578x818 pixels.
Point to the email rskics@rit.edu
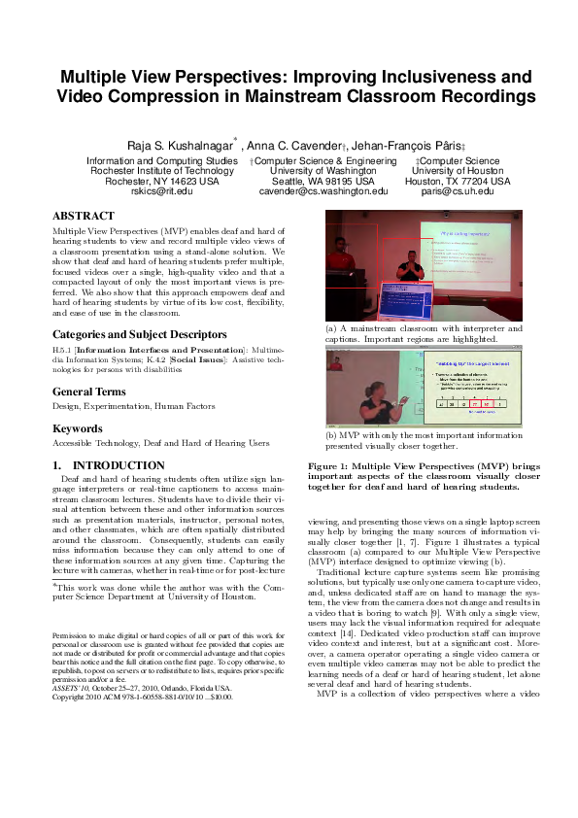(161, 191)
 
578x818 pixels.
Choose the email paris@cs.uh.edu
(458, 191)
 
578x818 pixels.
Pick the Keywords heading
(77, 427)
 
